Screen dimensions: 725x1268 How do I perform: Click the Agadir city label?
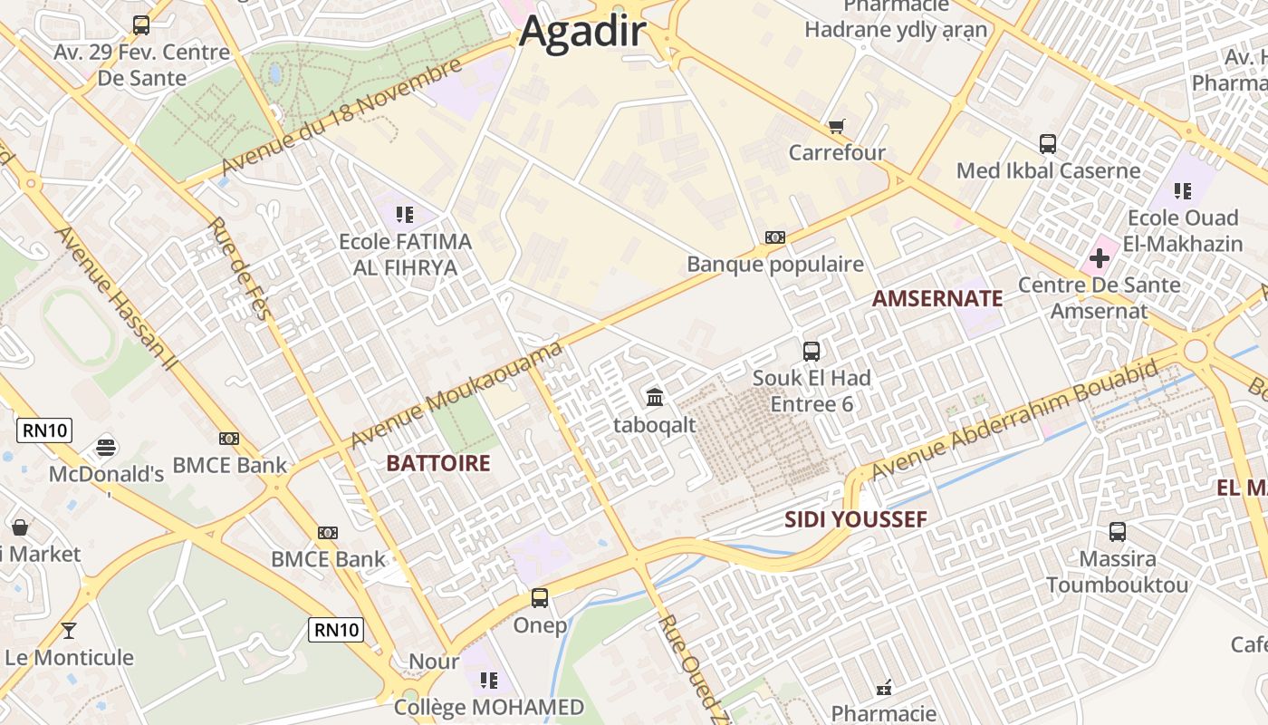click(x=582, y=32)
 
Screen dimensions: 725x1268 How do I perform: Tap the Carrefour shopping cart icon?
click(x=836, y=126)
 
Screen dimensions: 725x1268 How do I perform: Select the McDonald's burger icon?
click(x=106, y=447)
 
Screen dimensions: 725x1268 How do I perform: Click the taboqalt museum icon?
click(x=655, y=397)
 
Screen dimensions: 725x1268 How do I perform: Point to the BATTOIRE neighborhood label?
click(x=437, y=463)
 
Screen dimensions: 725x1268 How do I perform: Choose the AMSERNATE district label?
click(x=937, y=298)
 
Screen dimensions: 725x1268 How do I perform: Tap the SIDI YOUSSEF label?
click(x=855, y=519)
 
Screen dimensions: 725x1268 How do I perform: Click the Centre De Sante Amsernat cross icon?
click(x=1099, y=259)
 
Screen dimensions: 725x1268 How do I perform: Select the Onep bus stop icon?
click(x=540, y=598)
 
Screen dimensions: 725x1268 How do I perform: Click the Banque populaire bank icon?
click(x=774, y=237)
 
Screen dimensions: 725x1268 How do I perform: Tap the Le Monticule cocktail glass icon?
click(x=69, y=630)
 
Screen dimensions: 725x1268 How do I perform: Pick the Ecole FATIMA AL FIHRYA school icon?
click(x=404, y=215)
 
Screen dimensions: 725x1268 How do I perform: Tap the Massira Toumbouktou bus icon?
click(x=1118, y=532)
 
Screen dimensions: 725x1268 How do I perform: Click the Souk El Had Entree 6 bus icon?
click(x=812, y=351)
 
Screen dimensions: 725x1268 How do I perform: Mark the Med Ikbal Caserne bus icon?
click(x=1048, y=144)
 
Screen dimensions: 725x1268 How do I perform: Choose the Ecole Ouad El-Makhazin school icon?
click(x=1182, y=190)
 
